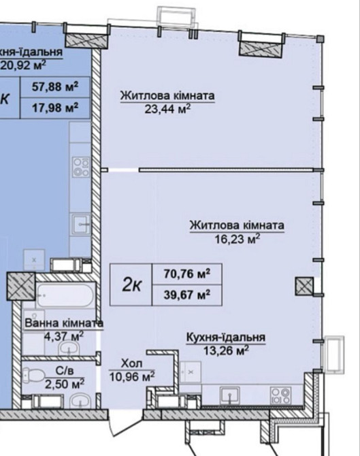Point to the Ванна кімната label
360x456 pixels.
63,323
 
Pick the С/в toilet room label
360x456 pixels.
56,372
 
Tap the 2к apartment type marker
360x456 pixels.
132,285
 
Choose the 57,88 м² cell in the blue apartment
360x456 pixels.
54,86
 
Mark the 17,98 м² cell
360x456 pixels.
54,106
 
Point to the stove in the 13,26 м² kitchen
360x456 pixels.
280,392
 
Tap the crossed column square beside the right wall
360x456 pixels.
303,287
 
